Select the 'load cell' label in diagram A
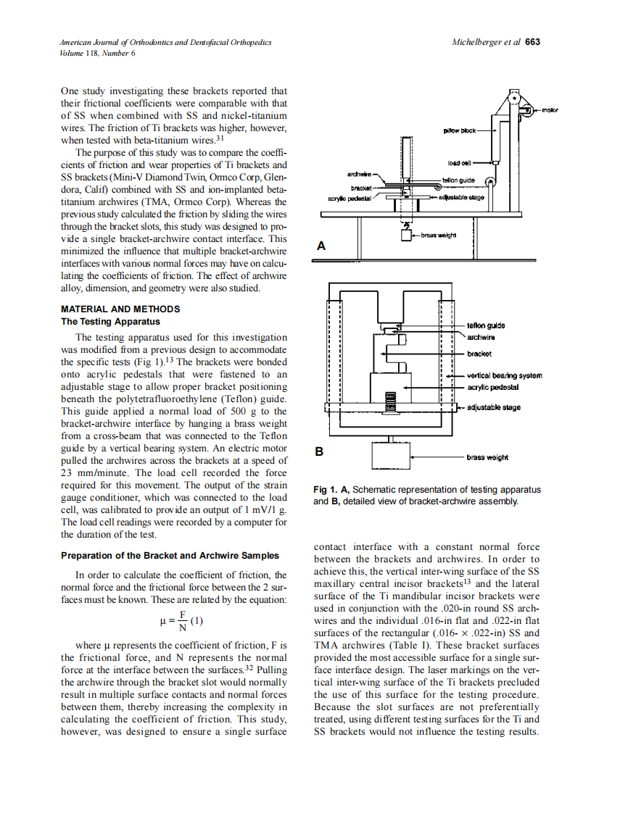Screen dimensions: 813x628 460,163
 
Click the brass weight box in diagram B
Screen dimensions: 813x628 391,456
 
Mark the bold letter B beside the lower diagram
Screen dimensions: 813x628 319,451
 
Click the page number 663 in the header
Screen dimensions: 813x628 533,42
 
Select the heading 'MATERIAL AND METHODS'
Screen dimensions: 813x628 120,309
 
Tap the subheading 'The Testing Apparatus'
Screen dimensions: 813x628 110,322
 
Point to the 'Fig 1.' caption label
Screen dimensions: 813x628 326,490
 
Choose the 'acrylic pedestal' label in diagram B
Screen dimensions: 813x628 492,387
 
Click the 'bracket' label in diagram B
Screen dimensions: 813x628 479,354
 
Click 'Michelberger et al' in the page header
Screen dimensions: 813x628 486,42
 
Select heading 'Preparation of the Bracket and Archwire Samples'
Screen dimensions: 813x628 170,556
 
